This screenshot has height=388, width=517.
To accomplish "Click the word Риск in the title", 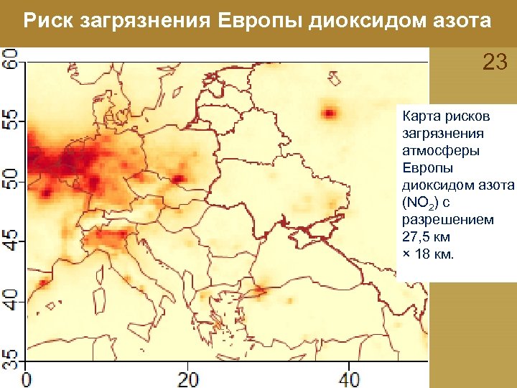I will (47, 22).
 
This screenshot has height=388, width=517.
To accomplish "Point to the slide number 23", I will (495, 63).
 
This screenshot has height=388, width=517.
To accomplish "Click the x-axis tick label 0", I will (27, 379).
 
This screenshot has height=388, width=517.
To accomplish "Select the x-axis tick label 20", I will (188, 379).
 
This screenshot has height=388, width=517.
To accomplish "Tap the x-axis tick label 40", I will (349, 379).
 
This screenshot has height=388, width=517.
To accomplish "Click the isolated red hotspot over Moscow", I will (329, 113).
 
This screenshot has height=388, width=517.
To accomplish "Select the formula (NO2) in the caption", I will (424, 204).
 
